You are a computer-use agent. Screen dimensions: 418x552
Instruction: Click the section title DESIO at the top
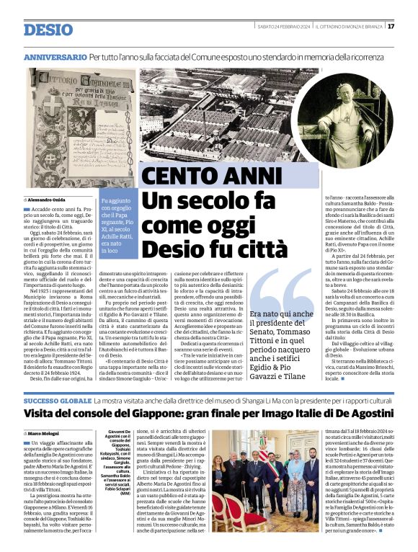[48, 30]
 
